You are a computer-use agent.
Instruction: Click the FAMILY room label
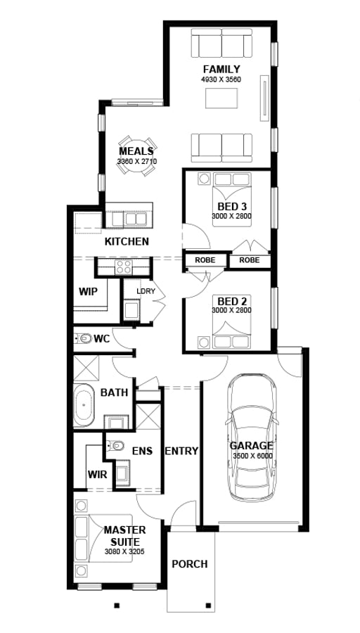pos(221,70)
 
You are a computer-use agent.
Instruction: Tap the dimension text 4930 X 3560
pos(221,79)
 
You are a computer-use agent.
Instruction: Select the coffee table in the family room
pos(221,98)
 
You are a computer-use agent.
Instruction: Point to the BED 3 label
pos(231,207)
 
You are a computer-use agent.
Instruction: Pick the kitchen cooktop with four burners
pos(124,267)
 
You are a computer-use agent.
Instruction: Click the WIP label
pos(88,291)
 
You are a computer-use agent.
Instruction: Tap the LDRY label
pos(146,291)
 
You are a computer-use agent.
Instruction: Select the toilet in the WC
pos(84,338)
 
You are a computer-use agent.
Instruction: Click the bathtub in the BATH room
pos(84,405)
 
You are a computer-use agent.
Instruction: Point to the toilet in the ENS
pos(115,446)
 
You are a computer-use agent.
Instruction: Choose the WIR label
pos(97,474)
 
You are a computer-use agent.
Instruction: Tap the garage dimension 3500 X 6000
pos(252,456)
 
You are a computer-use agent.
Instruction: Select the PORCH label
pos(190,563)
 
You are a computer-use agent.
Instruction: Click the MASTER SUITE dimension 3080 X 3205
pos(124,551)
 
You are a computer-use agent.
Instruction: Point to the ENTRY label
pos(181,451)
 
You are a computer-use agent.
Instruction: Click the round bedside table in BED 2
pos(203,342)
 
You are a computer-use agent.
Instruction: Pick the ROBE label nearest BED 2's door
pos(205,260)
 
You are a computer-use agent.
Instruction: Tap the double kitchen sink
pos(136,219)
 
